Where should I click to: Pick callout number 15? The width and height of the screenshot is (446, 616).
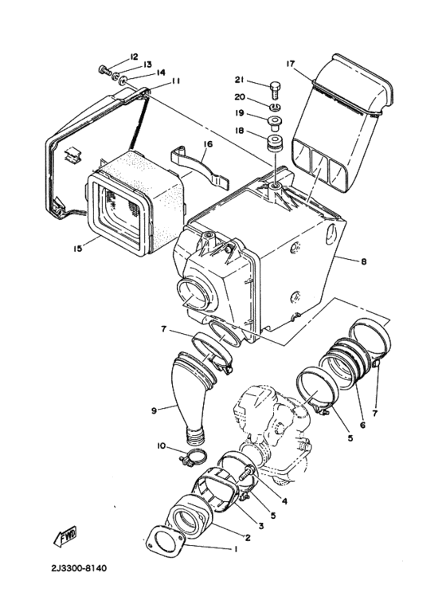tap(78, 248)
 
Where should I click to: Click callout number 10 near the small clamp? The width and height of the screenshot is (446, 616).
tap(162, 447)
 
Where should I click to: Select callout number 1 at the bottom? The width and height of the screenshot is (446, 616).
tap(235, 548)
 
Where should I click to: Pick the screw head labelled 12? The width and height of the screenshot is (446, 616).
tap(103, 70)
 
